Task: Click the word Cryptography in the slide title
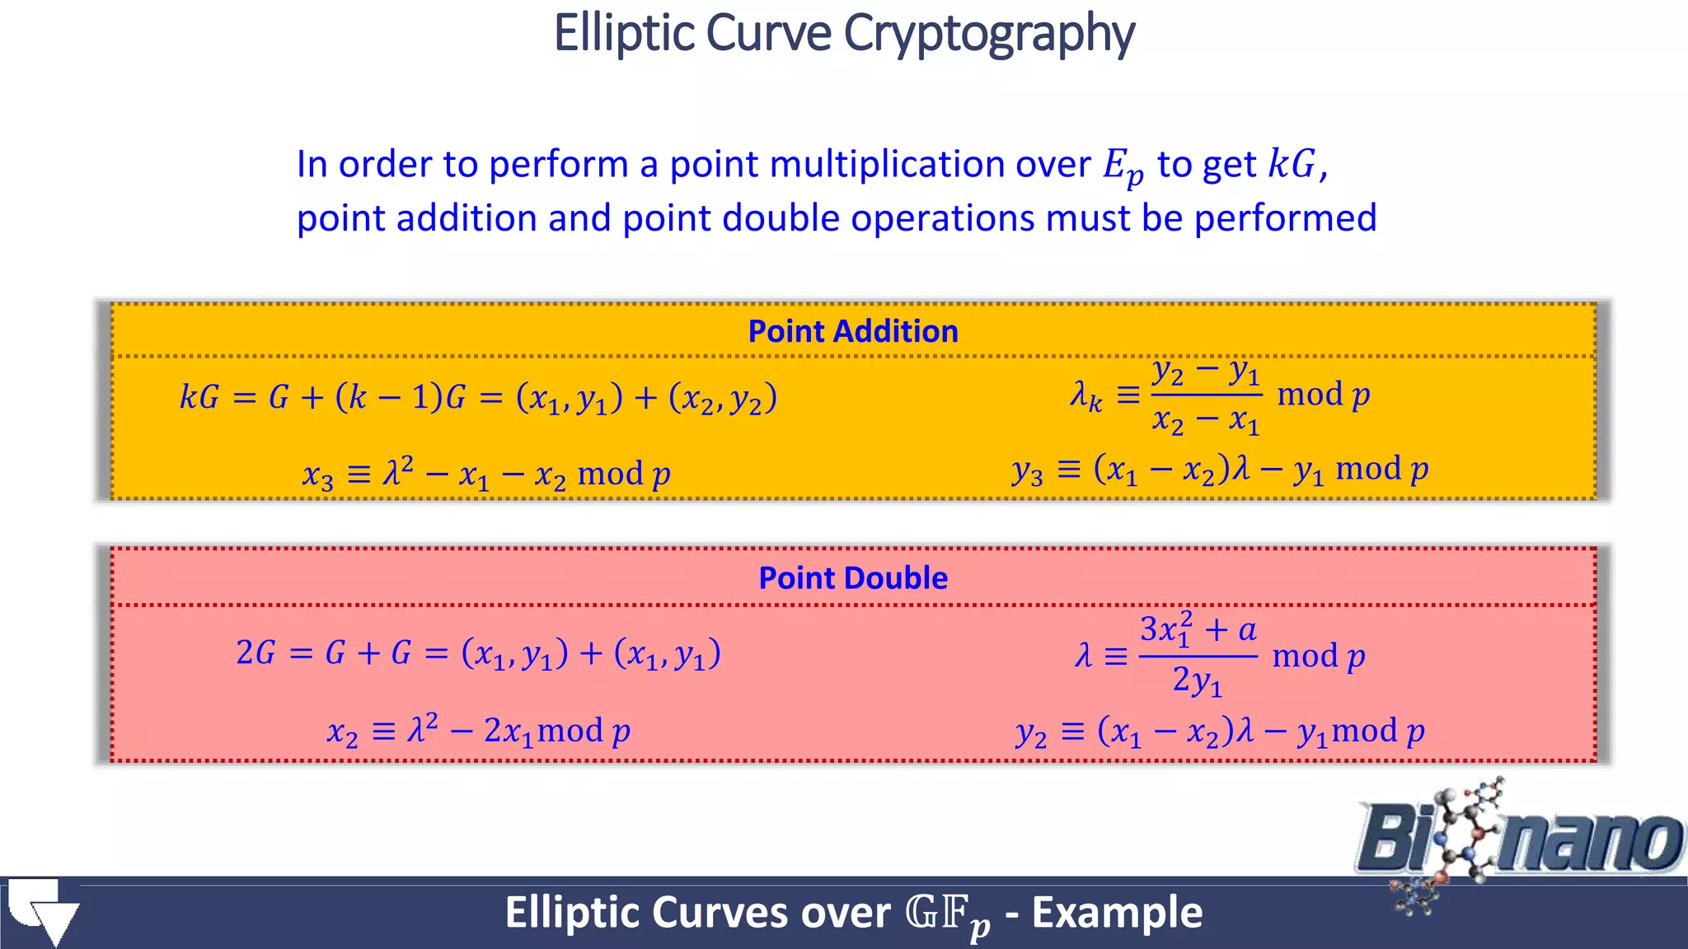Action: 989,35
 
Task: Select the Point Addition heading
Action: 853,331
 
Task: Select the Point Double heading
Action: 853,578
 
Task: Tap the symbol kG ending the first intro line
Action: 1292,164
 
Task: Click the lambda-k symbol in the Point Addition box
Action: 1085,396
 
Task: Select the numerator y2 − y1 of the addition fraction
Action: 1206,372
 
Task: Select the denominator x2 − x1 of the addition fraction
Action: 1206,422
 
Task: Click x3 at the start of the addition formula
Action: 318,475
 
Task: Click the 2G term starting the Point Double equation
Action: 256,653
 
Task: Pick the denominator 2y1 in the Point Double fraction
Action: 1198,681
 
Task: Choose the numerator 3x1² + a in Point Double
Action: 1198,630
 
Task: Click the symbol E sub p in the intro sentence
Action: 1123,166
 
